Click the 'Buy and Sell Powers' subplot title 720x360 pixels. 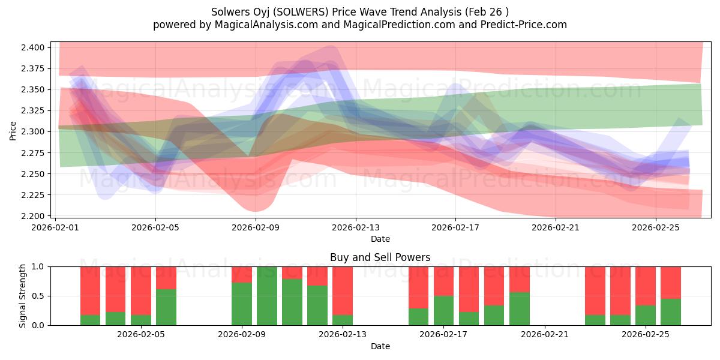pyautogui.click(x=380, y=257)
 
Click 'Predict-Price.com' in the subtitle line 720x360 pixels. pyautogui.click(x=525, y=25)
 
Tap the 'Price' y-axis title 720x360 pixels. pyautogui.click(x=13, y=130)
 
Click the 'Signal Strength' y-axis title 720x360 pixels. pyautogui.click(x=22, y=296)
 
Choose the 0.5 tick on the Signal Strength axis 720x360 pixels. pyautogui.click(x=39, y=296)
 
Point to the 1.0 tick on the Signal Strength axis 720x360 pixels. pyautogui.click(x=39, y=266)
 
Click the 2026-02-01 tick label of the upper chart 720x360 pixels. pyautogui.click(x=56, y=227)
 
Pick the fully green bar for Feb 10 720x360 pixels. pyautogui.click(x=267, y=296)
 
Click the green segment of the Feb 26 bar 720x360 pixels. pyautogui.click(x=671, y=312)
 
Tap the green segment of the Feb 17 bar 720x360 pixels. pyautogui.click(x=443, y=310)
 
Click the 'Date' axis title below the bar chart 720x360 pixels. pyautogui.click(x=380, y=346)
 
